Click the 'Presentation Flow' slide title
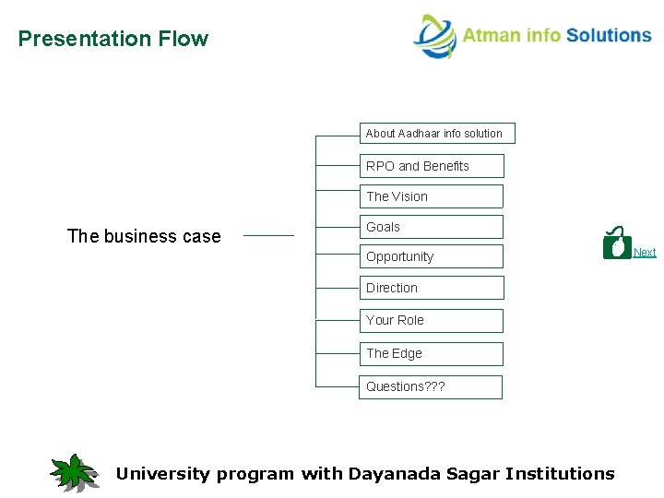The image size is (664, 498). coord(113,39)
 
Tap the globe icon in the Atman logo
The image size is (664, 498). coord(434,37)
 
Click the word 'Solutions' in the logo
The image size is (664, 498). coord(609,35)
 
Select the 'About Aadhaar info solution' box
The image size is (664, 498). coord(436,134)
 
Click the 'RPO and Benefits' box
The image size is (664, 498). coord(431,166)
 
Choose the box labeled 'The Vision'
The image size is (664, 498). coord(431,196)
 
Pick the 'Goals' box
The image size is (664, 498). coord(431,227)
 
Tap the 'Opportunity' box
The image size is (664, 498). coord(431,256)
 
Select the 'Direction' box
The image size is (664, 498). coord(431,288)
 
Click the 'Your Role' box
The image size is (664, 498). coord(431,320)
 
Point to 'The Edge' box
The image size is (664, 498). coord(431,353)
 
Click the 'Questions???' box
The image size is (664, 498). coord(430,386)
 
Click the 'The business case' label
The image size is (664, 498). coord(144,236)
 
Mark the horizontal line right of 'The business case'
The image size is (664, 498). coord(268,235)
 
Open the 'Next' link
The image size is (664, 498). coord(645,253)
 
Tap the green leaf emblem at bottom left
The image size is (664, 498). coord(74,472)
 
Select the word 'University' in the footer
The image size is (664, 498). coord(162,474)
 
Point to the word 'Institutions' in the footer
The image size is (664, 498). coord(559,474)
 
